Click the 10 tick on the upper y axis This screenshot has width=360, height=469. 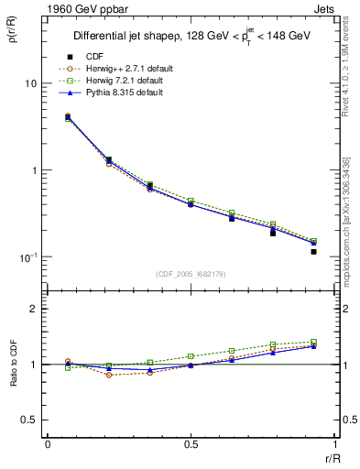pyautogui.click(x=30, y=83)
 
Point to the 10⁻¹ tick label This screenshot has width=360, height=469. pyautogui.click(x=27, y=256)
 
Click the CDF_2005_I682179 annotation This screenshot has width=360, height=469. pyautogui.click(x=191, y=275)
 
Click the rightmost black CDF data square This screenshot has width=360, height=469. pyautogui.click(x=313, y=251)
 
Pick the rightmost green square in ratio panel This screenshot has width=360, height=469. pyautogui.click(x=313, y=342)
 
